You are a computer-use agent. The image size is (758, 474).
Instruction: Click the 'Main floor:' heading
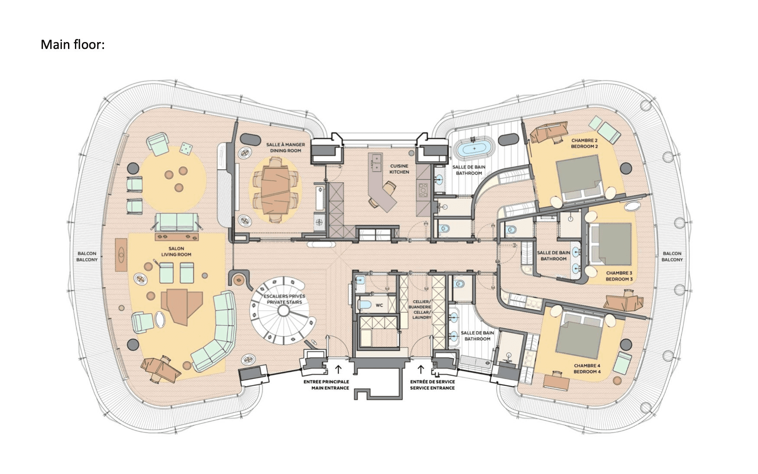(73, 45)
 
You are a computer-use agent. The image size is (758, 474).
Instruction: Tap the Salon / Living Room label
(176, 252)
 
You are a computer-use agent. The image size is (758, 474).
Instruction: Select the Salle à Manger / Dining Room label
(285, 148)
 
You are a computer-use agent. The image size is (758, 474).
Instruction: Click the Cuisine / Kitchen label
(399, 169)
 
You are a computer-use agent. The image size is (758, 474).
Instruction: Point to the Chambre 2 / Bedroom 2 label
(584, 143)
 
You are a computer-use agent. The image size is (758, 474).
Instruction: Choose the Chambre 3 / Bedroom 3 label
(619, 276)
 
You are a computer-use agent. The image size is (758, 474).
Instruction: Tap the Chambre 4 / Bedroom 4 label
(587, 369)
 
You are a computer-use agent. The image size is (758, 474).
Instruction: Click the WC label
(379, 305)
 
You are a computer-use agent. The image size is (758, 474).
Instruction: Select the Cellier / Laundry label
(421, 309)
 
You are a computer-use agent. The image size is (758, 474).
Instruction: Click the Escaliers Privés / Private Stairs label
(285, 299)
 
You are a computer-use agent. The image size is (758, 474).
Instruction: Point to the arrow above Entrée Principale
(338, 369)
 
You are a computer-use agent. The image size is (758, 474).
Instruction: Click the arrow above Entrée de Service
(420, 369)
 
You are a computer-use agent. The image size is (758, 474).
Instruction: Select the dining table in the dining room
(275, 189)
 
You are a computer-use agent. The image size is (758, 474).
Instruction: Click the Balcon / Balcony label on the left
(87, 256)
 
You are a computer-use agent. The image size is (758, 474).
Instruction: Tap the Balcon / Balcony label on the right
(672, 256)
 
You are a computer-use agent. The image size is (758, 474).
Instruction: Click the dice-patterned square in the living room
(186, 149)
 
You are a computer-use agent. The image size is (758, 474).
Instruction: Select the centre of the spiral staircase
(283, 311)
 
